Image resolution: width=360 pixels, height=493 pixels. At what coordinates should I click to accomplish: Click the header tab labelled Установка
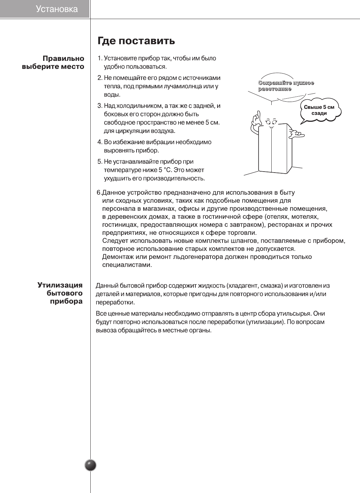click(x=57, y=9)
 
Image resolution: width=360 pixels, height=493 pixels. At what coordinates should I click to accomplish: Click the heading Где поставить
click(x=136, y=41)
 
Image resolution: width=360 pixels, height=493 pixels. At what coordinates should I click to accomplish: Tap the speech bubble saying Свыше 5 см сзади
click(x=319, y=110)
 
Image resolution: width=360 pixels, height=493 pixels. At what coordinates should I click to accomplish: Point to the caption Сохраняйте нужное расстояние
click(x=286, y=86)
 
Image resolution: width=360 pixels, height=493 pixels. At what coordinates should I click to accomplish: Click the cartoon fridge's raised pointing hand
click(x=256, y=119)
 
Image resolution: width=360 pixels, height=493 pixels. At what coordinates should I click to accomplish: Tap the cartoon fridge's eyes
click(x=271, y=121)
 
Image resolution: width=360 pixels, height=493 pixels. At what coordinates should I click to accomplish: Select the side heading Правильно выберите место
click(x=54, y=63)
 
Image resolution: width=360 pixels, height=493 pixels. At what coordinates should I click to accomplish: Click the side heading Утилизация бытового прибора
click(x=60, y=293)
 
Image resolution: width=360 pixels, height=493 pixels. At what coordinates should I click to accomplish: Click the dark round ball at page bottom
click(x=90, y=465)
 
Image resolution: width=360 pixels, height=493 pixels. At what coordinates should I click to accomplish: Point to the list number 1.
click(x=99, y=59)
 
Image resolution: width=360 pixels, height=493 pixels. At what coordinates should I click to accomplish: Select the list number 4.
click(x=99, y=142)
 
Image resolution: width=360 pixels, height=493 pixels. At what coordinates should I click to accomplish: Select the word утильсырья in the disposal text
click(x=295, y=314)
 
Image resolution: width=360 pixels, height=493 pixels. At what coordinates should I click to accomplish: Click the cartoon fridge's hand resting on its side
click(x=297, y=134)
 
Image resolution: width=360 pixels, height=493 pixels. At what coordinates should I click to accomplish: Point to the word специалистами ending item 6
click(x=127, y=265)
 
